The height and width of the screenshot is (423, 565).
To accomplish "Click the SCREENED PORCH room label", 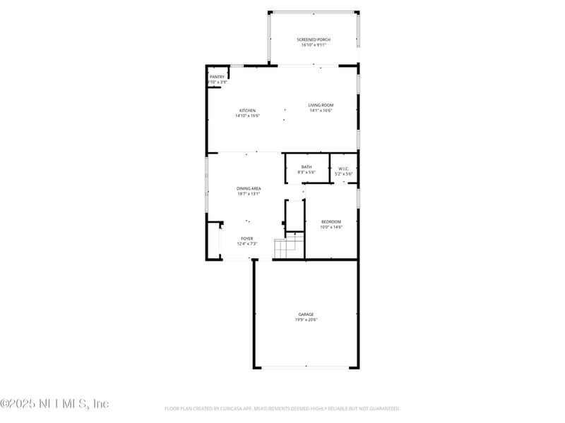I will point(314,39).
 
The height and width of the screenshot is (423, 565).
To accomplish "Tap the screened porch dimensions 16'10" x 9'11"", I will point(314,44).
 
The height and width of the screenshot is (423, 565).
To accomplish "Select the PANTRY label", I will point(217,77).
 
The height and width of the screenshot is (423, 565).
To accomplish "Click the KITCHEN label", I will point(247,111).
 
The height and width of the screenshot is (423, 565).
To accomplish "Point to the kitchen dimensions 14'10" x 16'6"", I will point(247,116).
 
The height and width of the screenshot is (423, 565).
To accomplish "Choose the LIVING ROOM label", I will point(321,105).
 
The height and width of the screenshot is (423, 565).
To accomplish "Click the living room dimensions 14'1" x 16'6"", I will point(321,110).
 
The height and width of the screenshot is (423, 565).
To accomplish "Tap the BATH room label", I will point(307,167).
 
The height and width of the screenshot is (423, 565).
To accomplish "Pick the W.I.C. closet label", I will point(344,168).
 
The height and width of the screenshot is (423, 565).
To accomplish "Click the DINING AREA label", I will point(249,188).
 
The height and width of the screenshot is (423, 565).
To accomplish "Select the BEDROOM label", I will point(331,221).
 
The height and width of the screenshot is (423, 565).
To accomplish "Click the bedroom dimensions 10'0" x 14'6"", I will point(331,226).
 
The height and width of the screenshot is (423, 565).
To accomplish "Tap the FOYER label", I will point(247,238).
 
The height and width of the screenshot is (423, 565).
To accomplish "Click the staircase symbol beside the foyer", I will point(289,248).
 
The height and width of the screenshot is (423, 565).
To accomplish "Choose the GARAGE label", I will point(306,314).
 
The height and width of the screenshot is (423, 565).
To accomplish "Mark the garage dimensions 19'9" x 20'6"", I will point(306,319).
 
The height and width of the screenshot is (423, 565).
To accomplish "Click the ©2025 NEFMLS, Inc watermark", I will point(54,404).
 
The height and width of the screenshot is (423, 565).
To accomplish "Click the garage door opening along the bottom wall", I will point(306,367).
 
